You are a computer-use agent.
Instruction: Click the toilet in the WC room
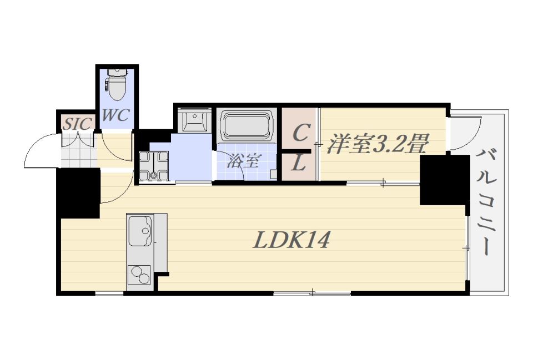[x=117, y=84]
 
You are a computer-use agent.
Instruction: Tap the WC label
[x=115, y=115]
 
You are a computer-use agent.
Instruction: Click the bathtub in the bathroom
[x=247, y=126]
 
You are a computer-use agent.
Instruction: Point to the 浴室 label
[x=244, y=161]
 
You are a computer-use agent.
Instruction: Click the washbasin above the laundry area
[x=195, y=120]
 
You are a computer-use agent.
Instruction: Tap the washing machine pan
[x=154, y=166]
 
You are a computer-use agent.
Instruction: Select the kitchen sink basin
[x=140, y=231]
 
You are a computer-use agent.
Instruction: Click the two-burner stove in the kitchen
[x=140, y=275]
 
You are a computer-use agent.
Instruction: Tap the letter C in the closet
[x=301, y=133]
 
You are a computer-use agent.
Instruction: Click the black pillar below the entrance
[x=78, y=193]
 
